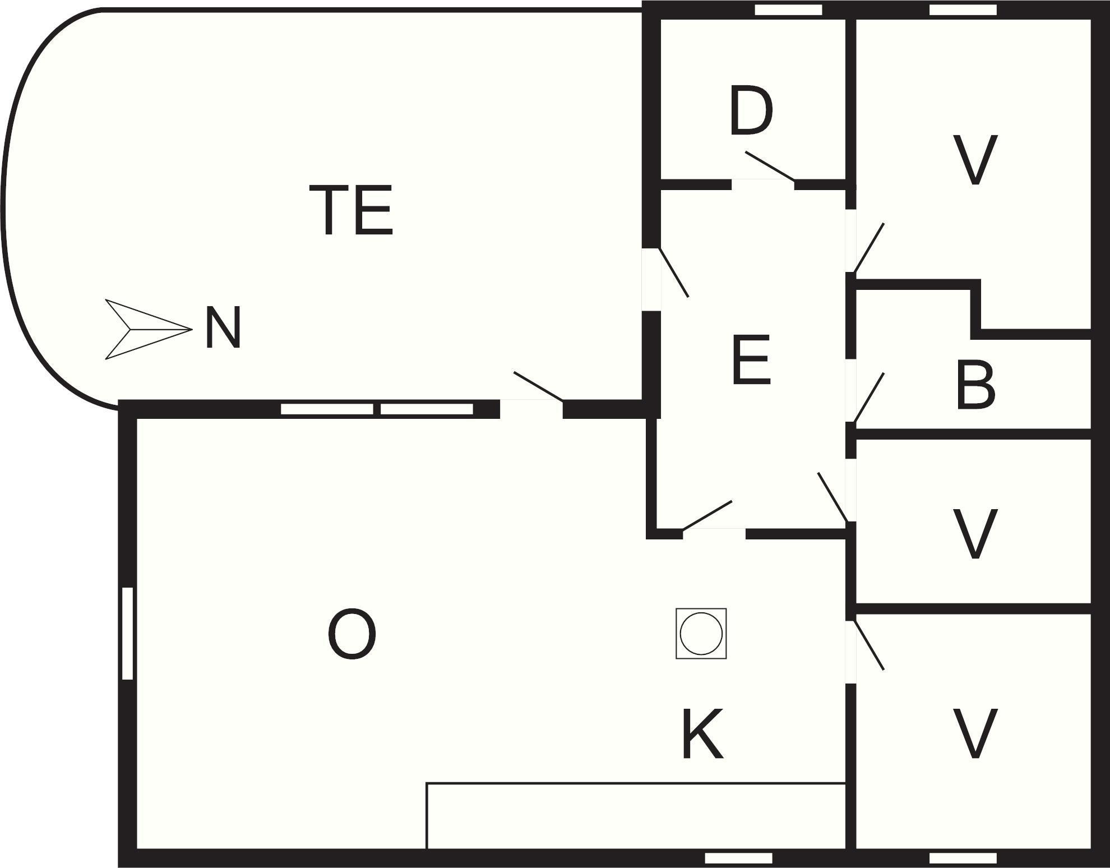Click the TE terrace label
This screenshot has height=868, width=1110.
pos(351,210)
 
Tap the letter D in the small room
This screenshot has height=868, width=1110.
pos(751,111)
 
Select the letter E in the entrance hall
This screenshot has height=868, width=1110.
pos(751,360)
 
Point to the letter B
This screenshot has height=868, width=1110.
pos(975,386)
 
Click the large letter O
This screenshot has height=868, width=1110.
pos(351,634)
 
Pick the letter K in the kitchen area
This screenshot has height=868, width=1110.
pos(702,733)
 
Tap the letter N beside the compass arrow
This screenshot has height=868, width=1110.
pos(223,327)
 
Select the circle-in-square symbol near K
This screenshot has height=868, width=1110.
pos(701,633)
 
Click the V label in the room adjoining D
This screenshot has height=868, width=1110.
pos(975,160)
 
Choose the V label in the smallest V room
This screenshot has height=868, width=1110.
pos(975,534)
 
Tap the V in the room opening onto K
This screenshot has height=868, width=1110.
pos(975,733)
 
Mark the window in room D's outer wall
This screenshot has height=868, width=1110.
pos(788,10)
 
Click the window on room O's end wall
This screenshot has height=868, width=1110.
pos(127,634)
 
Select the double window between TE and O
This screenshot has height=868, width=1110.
pos(377,409)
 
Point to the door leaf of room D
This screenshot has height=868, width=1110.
pos(770,166)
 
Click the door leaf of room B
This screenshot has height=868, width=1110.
pos(869,398)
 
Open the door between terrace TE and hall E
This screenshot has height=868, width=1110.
pos(674,273)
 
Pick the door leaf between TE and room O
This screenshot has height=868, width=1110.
pos(538,386)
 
